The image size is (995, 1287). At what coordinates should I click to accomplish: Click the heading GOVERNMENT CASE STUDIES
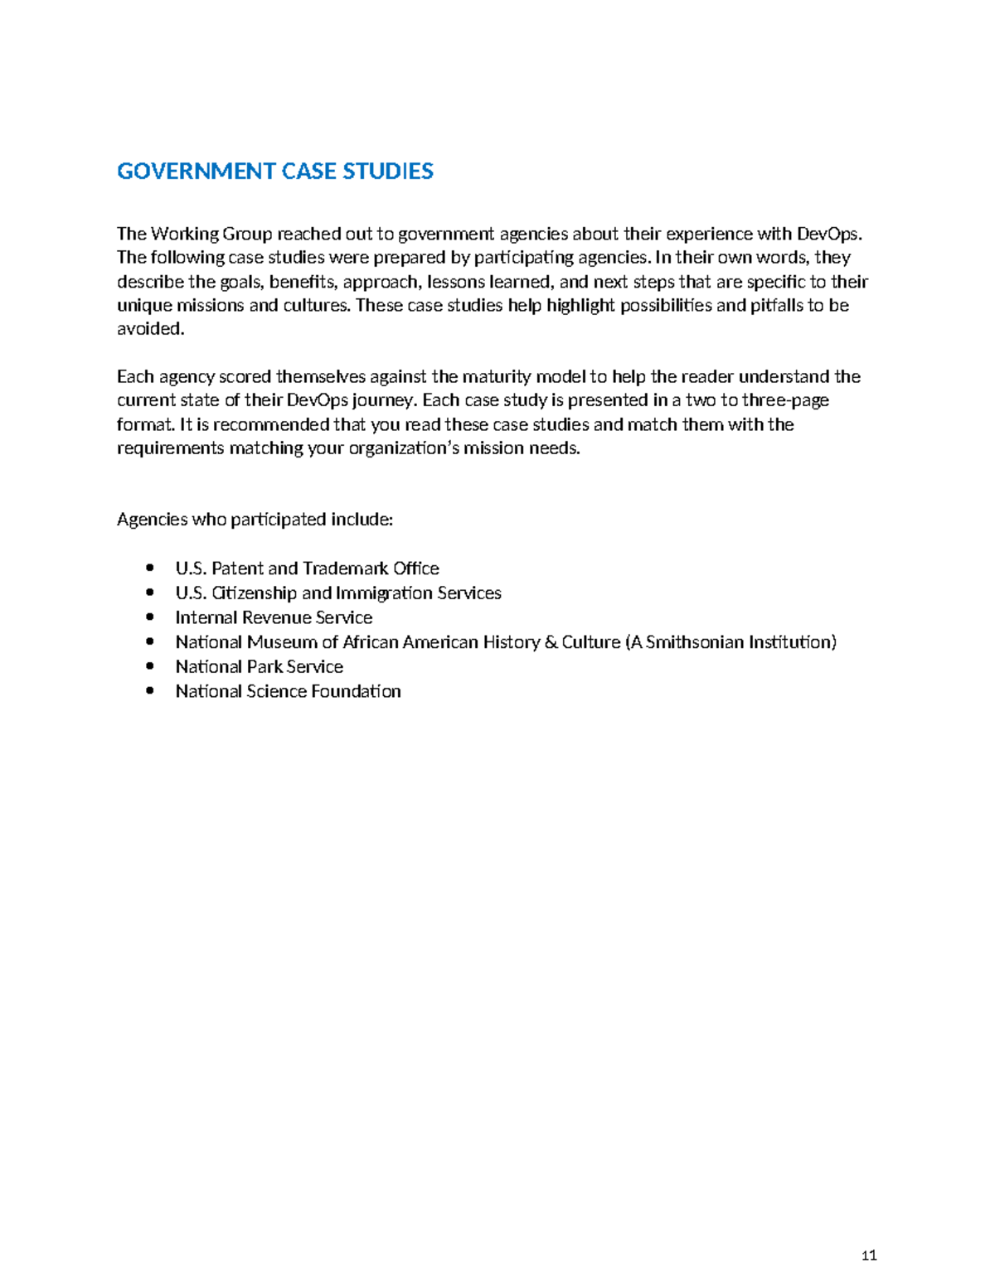tap(274, 172)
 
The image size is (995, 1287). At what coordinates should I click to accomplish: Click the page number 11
tap(869, 1256)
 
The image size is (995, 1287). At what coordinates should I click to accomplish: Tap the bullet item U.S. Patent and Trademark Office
tap(307, 569)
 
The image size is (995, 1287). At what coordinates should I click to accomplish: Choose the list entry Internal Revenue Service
tap(274, 617)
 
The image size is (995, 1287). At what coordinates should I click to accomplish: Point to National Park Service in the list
tap(259, 666)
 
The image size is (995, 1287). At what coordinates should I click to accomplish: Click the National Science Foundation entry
tap(288, 691)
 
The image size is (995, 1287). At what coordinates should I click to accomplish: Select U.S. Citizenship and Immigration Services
tap(337, 593)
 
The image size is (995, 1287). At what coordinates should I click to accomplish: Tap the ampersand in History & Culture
tap(551, 642)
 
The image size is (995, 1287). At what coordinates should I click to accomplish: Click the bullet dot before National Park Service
tap(149, 666)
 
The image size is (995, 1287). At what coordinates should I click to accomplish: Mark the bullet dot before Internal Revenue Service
tap(149, 617)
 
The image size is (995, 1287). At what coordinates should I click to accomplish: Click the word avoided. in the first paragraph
tap(150, 329)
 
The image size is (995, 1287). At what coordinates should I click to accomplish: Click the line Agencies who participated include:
tap(255, 520)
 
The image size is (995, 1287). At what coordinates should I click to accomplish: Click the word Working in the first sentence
tap(184, 234)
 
